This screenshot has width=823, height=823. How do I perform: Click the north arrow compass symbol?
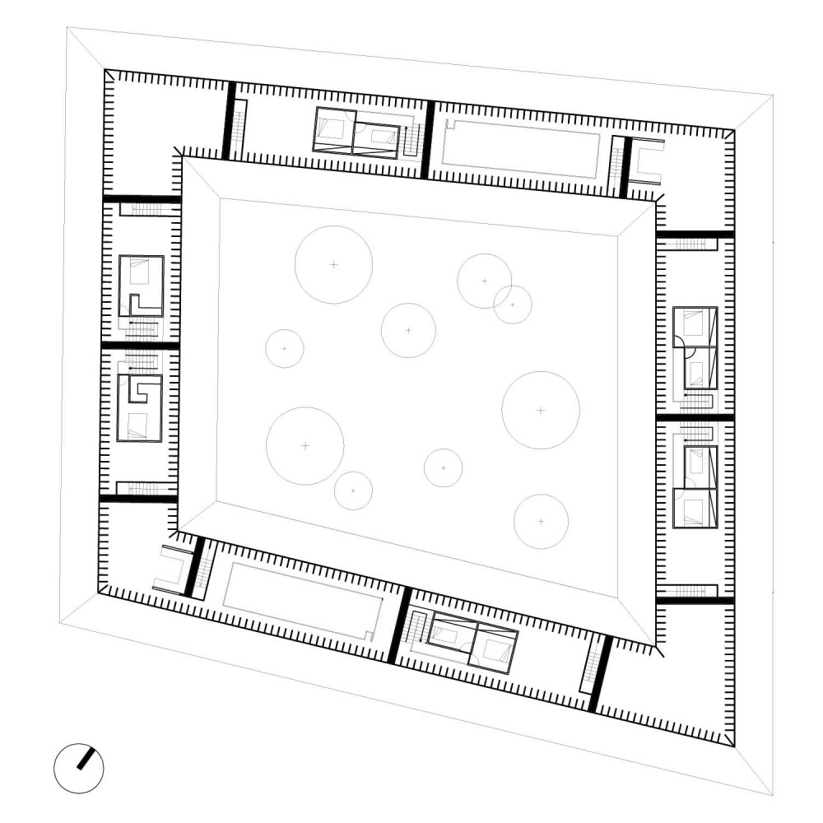tap(79, 769)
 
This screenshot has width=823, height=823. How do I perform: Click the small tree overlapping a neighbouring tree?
tap(513, 305)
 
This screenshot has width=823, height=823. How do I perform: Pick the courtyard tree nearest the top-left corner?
tap(333, 264)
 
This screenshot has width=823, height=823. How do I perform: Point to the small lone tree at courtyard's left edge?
tap(285, 348)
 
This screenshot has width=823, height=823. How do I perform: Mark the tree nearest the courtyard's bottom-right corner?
tap(541, 521)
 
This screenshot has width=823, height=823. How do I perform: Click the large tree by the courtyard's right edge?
tap(541, 410)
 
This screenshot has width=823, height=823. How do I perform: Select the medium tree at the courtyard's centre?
tap(408, 330)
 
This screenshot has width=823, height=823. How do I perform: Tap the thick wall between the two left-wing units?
tap(140, 346)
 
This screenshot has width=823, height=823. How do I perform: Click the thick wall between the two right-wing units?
tap(695, 418)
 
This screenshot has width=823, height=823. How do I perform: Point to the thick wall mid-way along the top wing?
tap(426, 139)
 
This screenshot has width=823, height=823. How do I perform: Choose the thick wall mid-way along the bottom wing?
tap(398, 625)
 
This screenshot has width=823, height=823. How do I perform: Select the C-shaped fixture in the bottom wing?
tap(173, 569)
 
